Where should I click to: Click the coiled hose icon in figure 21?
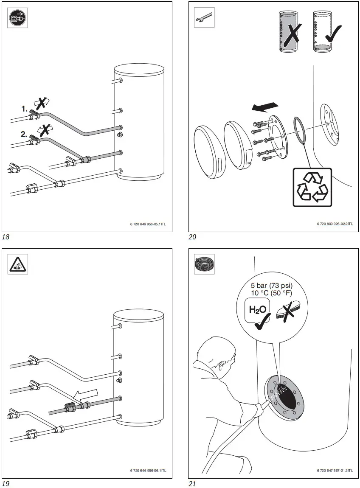tap(204, 264)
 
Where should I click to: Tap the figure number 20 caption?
tap(192, 237)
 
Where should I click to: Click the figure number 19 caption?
tap(6, 484)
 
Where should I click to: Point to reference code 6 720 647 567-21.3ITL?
tap(335, 470)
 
